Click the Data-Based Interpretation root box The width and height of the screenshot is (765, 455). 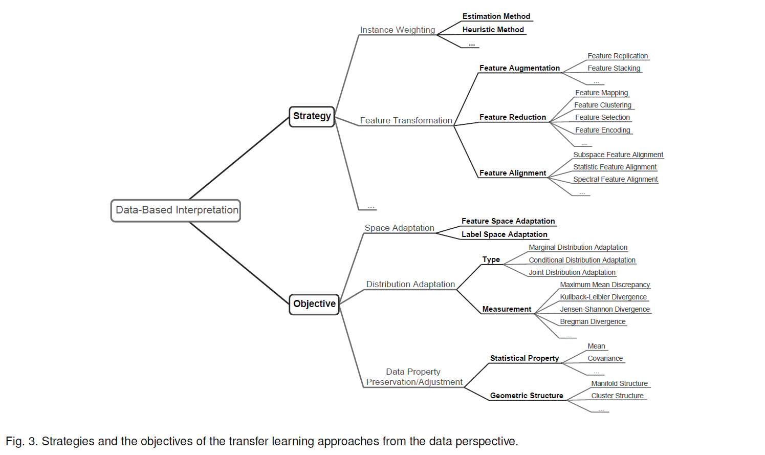(x=176, y=210)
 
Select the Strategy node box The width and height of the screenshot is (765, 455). (x=312, y=116)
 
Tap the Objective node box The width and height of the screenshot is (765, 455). (x=314, y=304)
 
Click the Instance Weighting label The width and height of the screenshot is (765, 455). (x=397, y=30)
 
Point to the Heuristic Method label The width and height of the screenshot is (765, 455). (x=493, y=30)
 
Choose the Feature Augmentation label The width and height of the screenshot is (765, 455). (x=519, y=68)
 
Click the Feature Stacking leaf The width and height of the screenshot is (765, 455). (x=614, y=68)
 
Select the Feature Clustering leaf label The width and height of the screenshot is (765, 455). (x=602, y=105)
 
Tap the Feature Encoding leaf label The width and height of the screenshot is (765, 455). (x=602, y=130)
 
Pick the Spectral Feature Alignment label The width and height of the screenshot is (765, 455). (x=615, y=179)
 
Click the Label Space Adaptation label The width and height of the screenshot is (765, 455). (x=504, y=234)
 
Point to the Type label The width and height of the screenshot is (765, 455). (x=491, y=259)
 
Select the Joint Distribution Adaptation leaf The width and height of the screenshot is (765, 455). (x=572, y=272)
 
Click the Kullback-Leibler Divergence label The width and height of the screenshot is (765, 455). (x=603, y=297)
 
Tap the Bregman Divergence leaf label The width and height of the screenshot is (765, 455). (x=593, y=321)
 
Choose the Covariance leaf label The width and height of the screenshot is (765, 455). (x=605, y=358)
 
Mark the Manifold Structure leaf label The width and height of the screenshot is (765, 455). (x=619, y=383)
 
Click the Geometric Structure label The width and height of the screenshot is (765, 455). (x=526, y=396)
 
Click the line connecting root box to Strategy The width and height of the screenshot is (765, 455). (x=239, y=158)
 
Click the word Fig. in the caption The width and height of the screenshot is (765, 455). (x=14, y=441)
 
